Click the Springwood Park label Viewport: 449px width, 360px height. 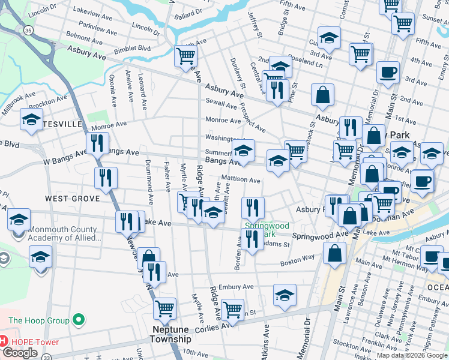pos(267,230)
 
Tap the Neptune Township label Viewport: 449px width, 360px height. pos(175,335)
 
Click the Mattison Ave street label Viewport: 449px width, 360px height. pos(240,179)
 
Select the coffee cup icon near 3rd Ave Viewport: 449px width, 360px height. pos(387,73)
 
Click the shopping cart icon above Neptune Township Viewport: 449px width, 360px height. pos(164,309)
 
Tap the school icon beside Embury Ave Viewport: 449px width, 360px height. pos(285,295)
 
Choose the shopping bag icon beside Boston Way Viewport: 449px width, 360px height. pos(334,253)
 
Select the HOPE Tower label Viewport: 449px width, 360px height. pos(34,342)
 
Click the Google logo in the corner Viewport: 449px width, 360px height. pos(20,352)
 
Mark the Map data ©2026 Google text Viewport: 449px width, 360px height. pos(412,355)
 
